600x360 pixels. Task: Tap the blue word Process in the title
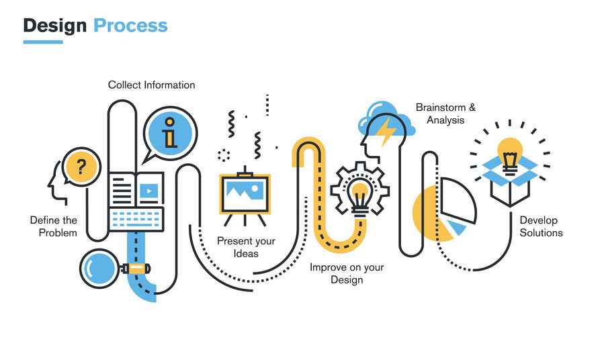point(130,26)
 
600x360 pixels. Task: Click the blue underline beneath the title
point(43,42)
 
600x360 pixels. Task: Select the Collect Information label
point(152,85)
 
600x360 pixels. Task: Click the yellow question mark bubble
point(81,167)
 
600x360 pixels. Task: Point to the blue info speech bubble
point(170,133)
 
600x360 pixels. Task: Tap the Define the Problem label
point(54,226)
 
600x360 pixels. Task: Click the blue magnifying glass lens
point(99,269)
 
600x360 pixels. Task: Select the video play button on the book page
point(149,191)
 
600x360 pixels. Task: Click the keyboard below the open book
point(136,219)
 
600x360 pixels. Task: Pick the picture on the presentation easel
point(245,190)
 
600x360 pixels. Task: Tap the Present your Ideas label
point(246,247)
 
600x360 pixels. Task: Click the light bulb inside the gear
point(359,199)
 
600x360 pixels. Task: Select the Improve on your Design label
point(347,273)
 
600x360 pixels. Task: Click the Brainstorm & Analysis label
point(445,114)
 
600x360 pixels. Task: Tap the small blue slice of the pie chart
point(456,227)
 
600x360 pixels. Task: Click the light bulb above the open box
point(510,156)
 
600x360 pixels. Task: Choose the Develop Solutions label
point(541,226)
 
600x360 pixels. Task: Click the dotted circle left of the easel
point(224,155)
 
